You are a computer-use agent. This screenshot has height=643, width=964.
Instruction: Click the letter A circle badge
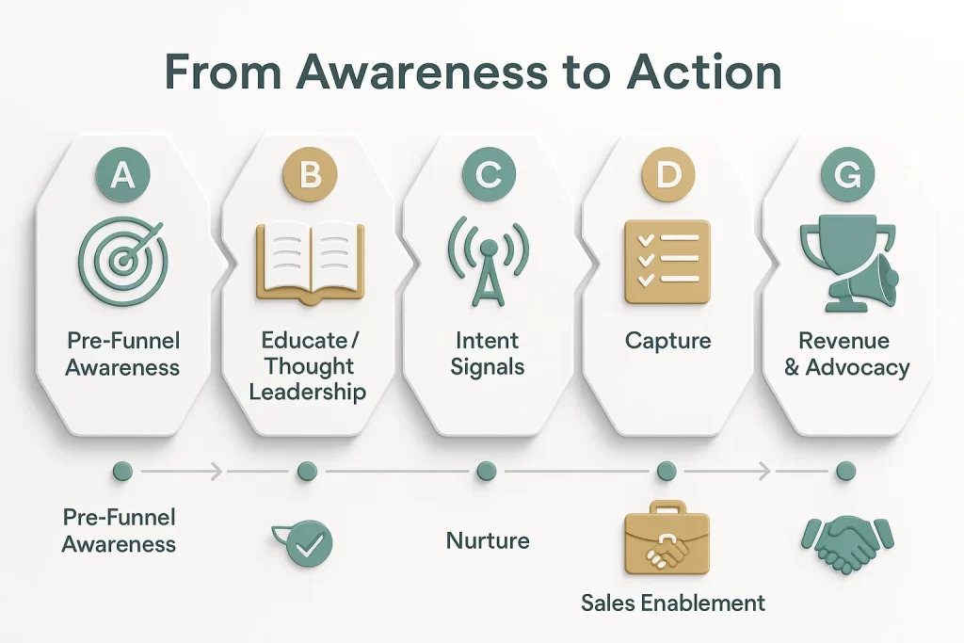coord(122,176)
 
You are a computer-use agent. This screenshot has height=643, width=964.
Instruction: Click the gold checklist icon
coord(667,260)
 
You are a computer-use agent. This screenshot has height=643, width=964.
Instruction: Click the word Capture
coord(667,340)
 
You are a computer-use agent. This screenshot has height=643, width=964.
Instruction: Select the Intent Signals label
coord(487,353)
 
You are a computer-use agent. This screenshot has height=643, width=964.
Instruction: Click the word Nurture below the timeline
coord(487,541)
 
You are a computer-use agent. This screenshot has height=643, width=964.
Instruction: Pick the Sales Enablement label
coord(672,603)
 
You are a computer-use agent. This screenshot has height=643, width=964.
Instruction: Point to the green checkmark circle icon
coord(307,543)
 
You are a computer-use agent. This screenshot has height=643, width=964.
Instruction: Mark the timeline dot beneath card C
coord(486,470)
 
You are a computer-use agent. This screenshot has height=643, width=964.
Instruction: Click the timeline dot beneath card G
coord(845,470)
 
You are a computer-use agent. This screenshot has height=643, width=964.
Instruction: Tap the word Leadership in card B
coord(308,391)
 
